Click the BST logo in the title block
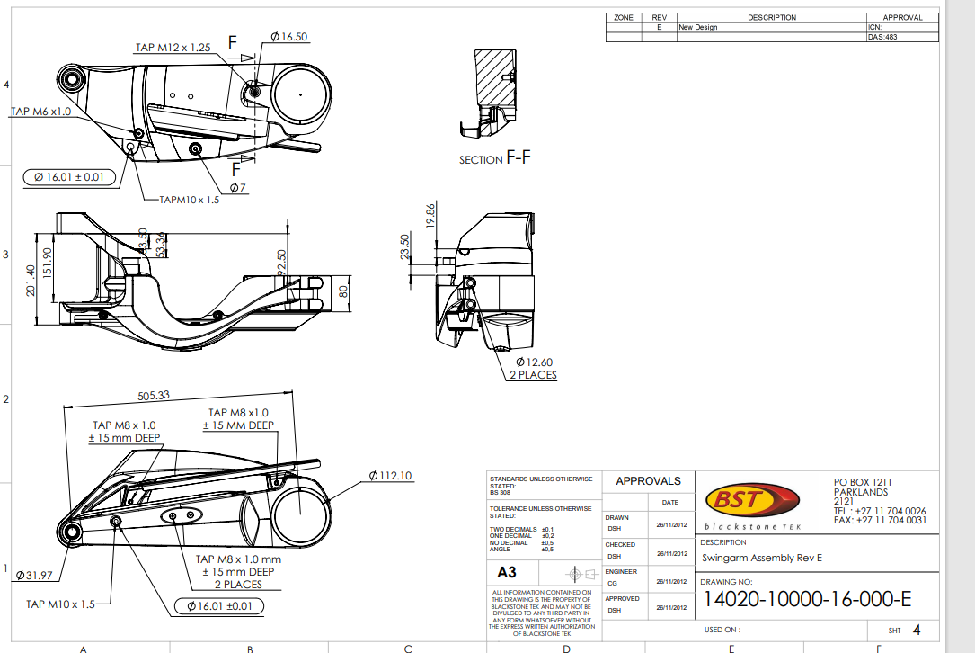751,499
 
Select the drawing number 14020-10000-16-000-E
807,599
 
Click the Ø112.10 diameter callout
390,475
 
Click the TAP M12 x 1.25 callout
173,48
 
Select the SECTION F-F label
495,159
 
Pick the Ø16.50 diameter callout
288,37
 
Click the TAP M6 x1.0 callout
40,112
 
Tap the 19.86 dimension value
430,216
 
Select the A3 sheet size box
506,572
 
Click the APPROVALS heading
648,481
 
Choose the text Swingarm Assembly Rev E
761,558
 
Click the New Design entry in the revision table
697,28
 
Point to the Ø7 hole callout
238,187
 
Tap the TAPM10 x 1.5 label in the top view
189,199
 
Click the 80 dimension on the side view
342,292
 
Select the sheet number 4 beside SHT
916,630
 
